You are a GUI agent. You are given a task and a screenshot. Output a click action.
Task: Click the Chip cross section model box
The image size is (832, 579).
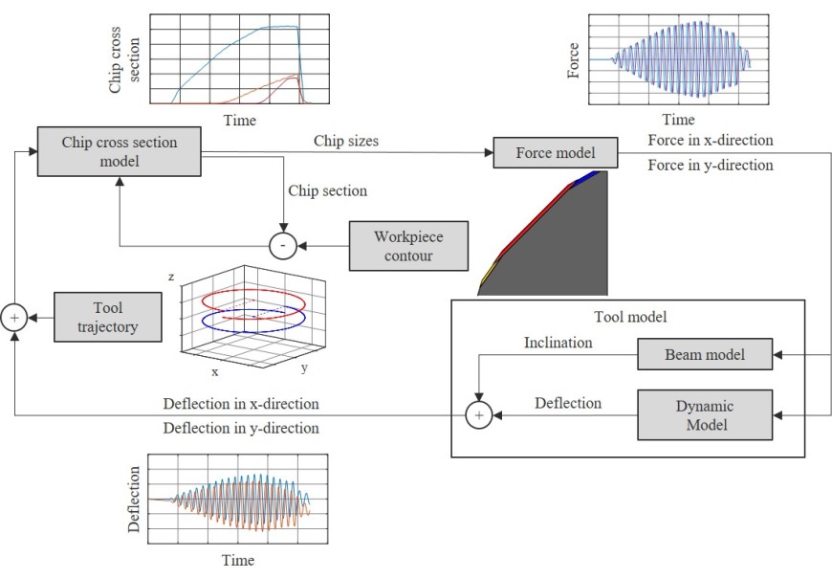click(x=120, y=151)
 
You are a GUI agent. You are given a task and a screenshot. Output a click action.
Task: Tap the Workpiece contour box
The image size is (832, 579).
click(x=408, y=245)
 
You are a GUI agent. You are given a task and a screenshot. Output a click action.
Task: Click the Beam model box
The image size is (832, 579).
click(x=705, y=355)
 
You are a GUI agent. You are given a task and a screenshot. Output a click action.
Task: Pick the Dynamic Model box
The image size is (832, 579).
click(x=705, y=413)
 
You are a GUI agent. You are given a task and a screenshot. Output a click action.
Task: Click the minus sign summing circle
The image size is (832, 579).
click(x=282, y=246)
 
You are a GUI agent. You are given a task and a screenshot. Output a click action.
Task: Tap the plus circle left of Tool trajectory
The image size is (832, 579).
click(x=14, y=317)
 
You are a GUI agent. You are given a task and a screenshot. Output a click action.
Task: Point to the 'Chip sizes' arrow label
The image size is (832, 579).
click(x=346, y=142)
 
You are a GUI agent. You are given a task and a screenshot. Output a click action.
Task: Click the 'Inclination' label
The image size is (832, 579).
click(x=558, y=343)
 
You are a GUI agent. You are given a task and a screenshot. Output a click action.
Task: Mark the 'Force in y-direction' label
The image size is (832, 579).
click(x=711, y=166)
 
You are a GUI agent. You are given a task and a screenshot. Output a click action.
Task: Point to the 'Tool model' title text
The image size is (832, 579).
click(x=631, y=317)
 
